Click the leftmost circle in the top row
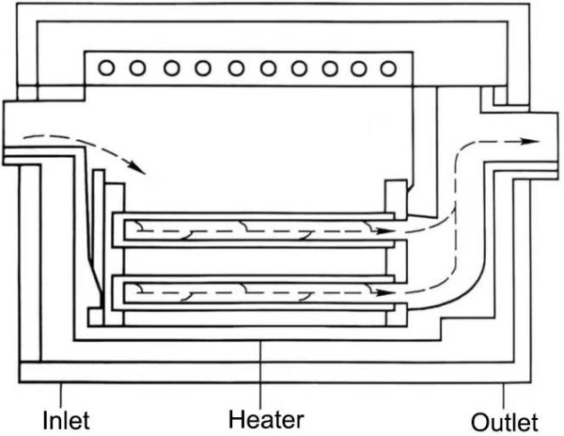[105, 69]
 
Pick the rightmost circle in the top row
[385, 69]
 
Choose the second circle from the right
[354, 69]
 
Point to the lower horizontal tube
[254, 292]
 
